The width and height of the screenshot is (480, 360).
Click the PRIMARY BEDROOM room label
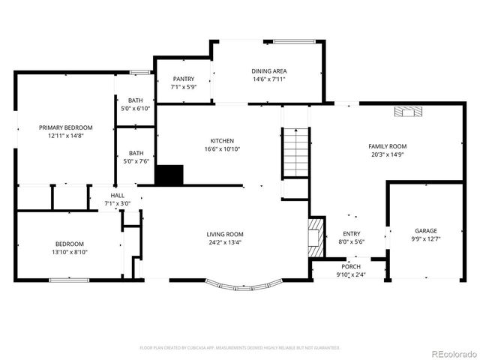66,127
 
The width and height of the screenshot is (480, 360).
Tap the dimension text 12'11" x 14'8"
66,136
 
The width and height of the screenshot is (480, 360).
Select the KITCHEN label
222,141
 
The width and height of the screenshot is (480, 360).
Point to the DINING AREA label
268,71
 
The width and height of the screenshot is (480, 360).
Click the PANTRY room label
183,79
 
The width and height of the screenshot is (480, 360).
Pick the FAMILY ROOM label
387,146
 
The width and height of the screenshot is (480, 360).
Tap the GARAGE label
426,231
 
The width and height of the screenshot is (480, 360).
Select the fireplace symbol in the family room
409,112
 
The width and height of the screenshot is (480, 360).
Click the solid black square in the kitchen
169,175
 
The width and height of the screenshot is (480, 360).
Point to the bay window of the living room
244,286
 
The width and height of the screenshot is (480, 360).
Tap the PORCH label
351,267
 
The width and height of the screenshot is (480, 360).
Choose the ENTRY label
352,234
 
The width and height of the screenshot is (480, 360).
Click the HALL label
118,195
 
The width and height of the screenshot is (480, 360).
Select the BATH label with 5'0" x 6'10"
135,100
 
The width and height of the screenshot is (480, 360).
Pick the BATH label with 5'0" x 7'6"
136,153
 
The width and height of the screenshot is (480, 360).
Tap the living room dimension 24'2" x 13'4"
225,242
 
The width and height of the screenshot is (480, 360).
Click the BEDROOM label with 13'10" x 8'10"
69,244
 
